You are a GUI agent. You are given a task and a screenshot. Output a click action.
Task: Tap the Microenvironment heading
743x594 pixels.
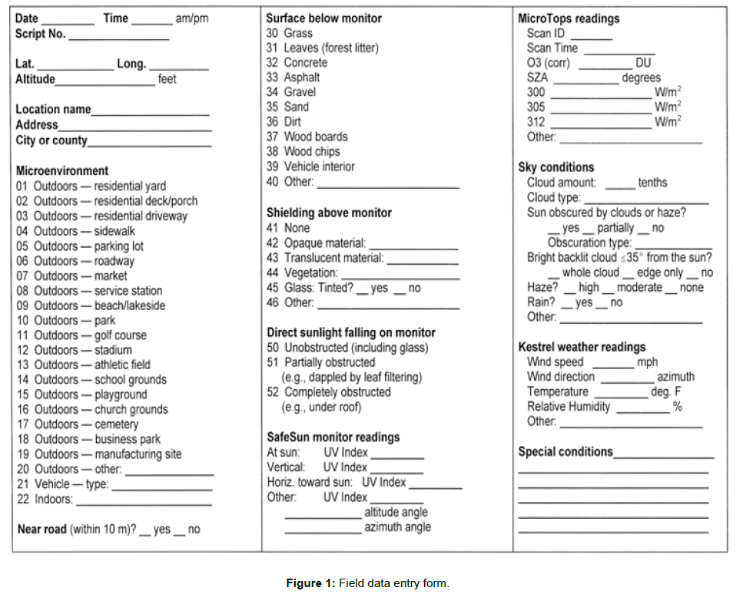tap(62, 170)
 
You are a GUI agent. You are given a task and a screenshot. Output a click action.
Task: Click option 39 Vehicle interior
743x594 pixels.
tap(310, 167)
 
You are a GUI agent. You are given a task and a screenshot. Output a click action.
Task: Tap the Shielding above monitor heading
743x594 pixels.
tap(329, 213)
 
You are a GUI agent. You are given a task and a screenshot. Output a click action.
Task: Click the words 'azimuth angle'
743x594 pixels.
tap(397, 527)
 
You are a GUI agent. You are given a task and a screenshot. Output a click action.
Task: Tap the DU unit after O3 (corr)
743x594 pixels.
tap(643, 63)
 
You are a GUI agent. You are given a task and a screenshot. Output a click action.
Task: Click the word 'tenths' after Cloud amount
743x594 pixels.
tap(652, 183)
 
